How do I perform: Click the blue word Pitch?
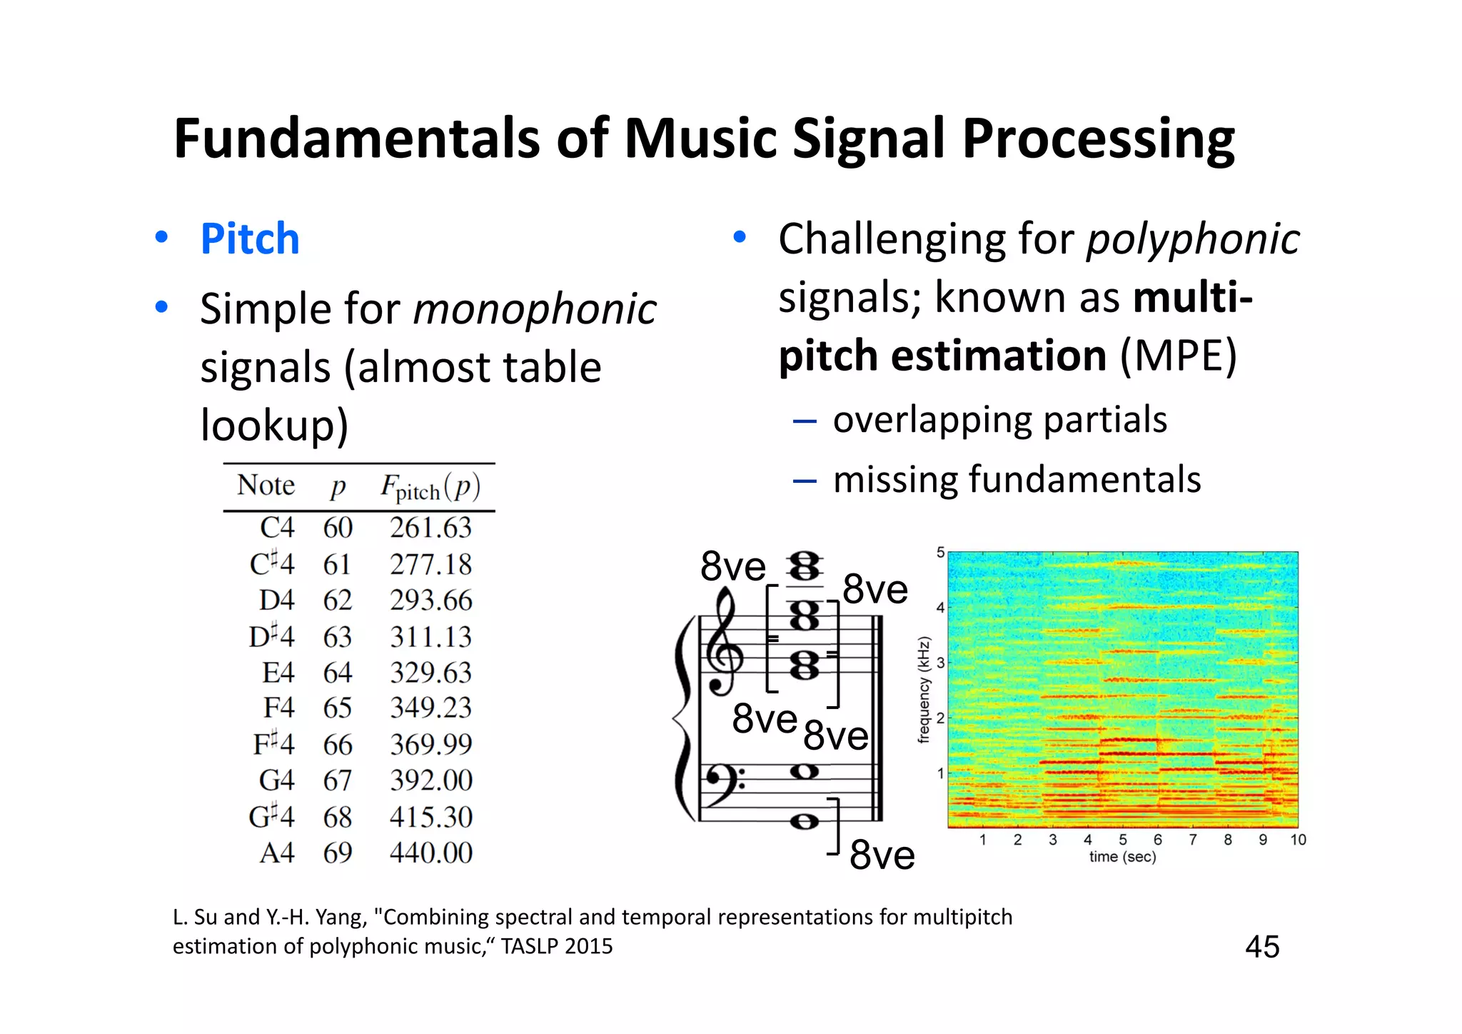click(x=249, y=239)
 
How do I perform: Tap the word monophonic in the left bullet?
click(x=534, y=310)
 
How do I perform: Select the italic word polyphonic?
click(x=1192, y=239)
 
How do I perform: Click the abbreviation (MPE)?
click(x=1178, y=356)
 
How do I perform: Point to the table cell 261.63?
click(x=430, y=528)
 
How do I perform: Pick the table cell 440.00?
click(x=430, y=853)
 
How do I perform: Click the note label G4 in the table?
click(x=276, y=780)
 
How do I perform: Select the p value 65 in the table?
click(x=337, y=708)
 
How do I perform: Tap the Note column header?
click(x=266, y=486)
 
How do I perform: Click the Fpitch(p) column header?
click(x=430, y=488)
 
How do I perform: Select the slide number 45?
click(x=1261, y=947)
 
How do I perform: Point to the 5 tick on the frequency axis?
click(x=940, y=553)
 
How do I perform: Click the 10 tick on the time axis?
click(x=1298, y=840)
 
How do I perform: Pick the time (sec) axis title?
click(x=1122, y=857)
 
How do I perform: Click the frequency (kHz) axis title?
click(x=924, y=690)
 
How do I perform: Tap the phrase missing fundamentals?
click(x=1017, y=479)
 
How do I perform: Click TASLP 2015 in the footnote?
click(x=556, y=946)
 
